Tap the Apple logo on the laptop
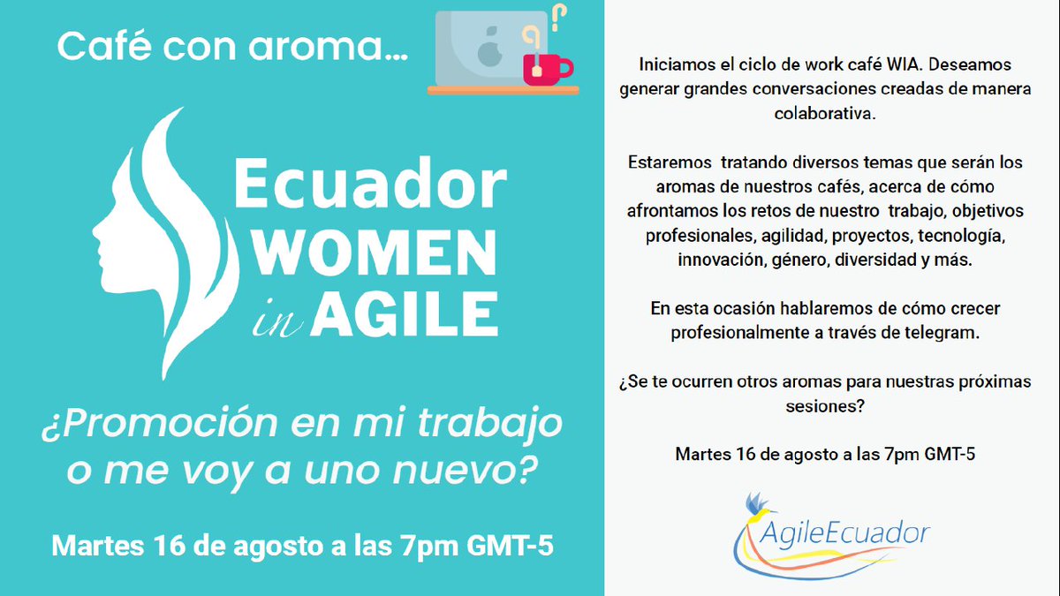[488, 51]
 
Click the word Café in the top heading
[95, 47]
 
